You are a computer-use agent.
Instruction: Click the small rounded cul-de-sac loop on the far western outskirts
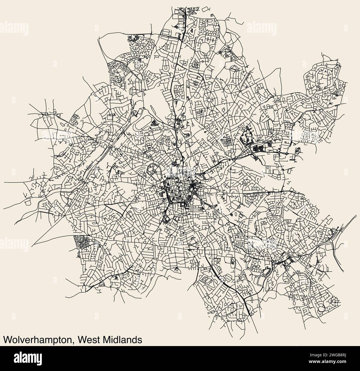coord(28,203)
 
